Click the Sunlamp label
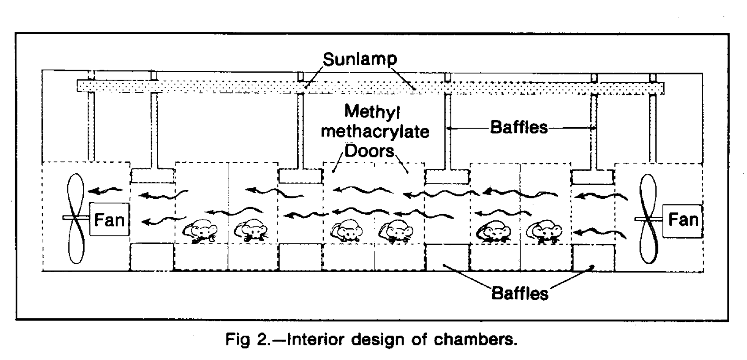click(x=360, y=59)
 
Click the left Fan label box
click(x=109, y=219)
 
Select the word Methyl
click(x=372, y=111)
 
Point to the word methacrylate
click(x=375, y=131)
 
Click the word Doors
click(x=369, y=151)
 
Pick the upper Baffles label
click(x=519, y=127)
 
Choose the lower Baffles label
click(x=520, y=293)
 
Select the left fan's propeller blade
click(x=76, y=218)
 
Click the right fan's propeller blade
click(x=648, y=219)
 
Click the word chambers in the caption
click(x=475, y=340)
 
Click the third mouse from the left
click(x=347, y=230)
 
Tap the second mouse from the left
click(x=251, y=230)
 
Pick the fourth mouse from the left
click(x=396, y=231)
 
